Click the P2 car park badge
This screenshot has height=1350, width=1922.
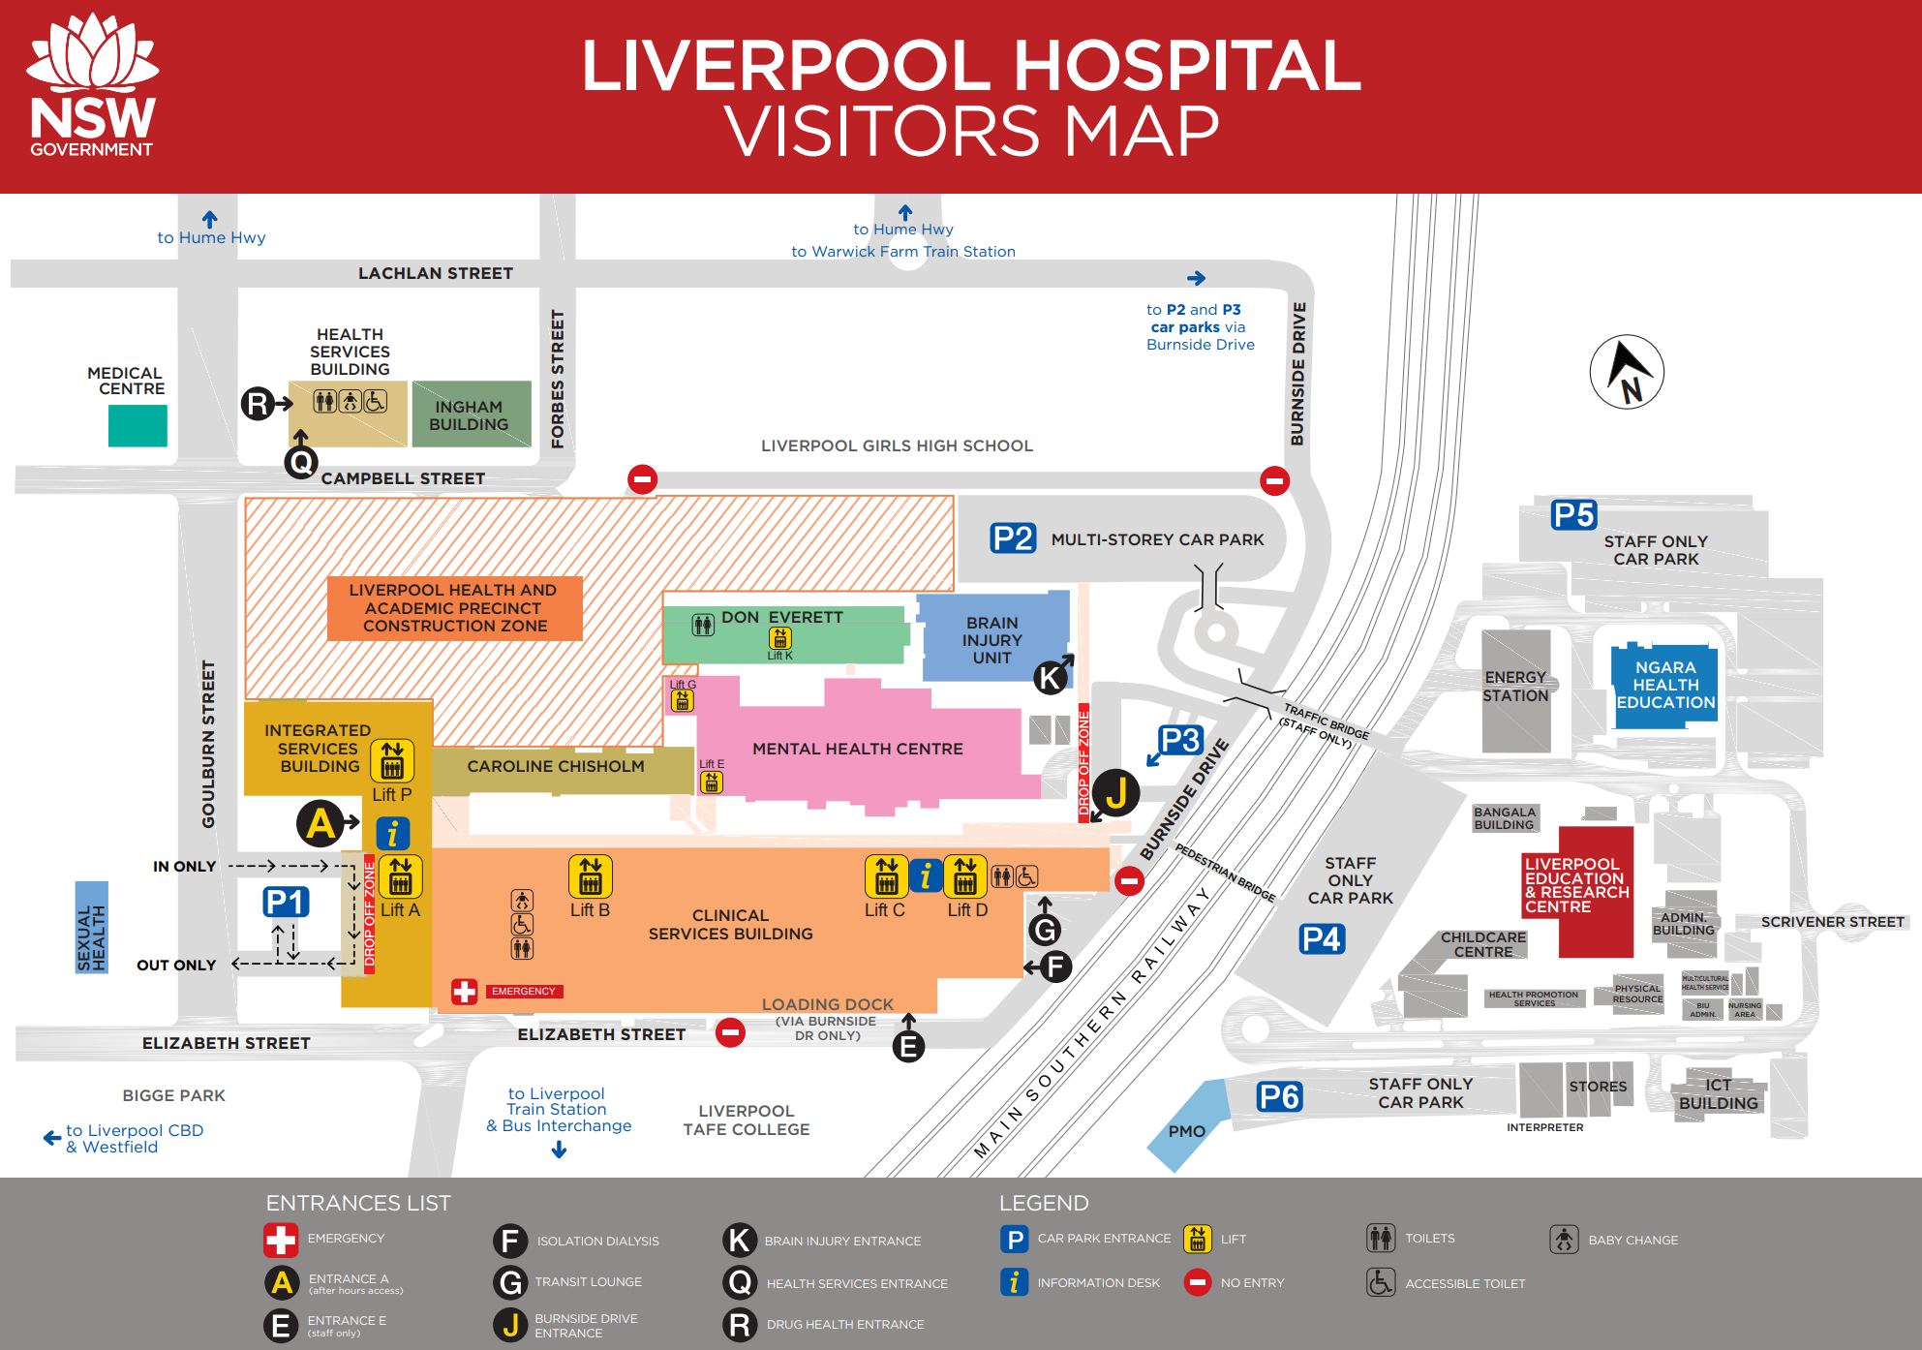point(1013,538)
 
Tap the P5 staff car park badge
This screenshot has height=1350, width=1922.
point(1573,515)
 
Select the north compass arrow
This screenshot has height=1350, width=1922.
point(1627,372)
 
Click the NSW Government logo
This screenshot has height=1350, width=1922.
point(92,87)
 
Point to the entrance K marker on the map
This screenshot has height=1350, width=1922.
point(1051,678)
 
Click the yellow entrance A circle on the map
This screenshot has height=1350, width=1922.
point(320,823)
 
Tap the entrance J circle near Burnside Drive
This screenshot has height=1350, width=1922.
point(1116,792)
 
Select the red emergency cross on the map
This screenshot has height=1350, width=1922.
point(465,992)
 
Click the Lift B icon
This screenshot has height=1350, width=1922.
point(590,876)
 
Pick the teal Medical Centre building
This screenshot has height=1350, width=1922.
point(137,425)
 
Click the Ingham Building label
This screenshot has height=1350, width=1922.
point(469,415)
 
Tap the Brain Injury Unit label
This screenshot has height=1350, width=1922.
point(992,640)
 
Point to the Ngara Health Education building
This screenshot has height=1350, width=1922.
point(1664,685)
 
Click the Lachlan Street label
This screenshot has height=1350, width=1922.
point(436,273)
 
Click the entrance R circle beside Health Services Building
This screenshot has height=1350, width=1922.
point(258,403)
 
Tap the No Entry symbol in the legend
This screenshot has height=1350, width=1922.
point(1198,1282)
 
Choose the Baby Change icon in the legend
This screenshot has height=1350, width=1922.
point(1564,1239)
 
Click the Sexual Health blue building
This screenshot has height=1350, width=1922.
point(92,927)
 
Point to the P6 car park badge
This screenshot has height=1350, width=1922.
point(1279,1097)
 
